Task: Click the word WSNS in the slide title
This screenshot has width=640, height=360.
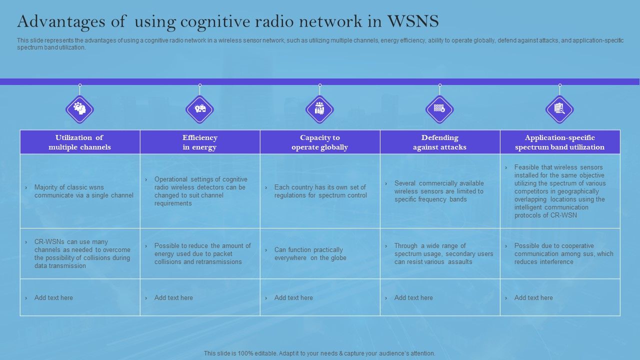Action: pos(412,21)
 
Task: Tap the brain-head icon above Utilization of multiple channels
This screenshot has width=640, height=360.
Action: pos(79,109)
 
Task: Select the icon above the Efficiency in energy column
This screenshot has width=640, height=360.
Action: pos(200,109)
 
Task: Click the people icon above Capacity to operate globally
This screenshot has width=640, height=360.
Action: pos(319,109)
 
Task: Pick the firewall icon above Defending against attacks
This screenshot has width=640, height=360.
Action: pos(439,109)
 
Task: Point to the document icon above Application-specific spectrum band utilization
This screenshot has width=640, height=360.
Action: pos(559,109)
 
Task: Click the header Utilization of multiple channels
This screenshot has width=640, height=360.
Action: pos(80,142)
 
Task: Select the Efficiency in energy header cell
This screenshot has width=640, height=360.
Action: pos(200,142)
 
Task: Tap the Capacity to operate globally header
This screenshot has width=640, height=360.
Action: pos(320,142)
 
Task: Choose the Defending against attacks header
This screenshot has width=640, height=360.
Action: pos(440,142)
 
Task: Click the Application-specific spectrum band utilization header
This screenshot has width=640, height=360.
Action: pos(560,142)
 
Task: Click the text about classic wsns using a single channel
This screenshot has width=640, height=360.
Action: pos(83,191)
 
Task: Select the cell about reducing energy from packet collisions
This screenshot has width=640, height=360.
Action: pos(202,253)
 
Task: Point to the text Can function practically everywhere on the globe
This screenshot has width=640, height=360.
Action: pos(310,253)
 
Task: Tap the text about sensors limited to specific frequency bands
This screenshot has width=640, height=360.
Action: pos(438,191)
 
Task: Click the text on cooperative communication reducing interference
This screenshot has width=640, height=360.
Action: pos(563,253)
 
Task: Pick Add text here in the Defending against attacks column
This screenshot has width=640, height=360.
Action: pos(413,297)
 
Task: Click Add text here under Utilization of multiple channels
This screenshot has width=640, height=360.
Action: pos(53,297)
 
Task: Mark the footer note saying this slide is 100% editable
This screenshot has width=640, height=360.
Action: pos(319,353)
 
